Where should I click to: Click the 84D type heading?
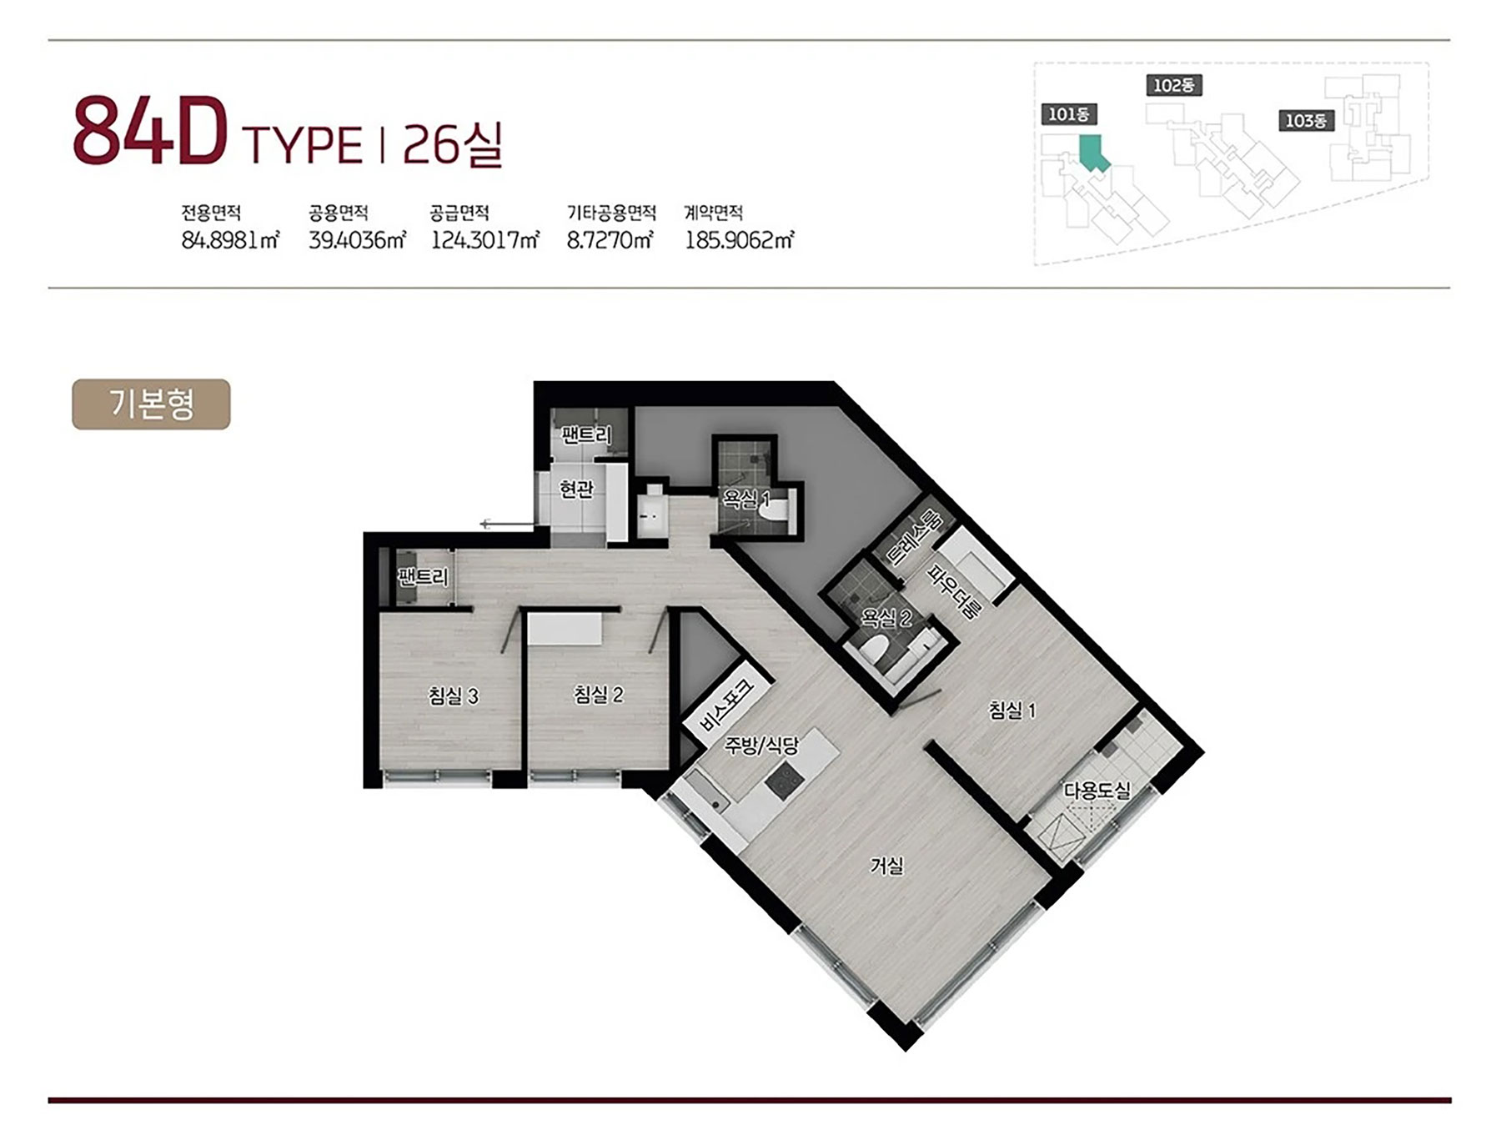click(218, 133)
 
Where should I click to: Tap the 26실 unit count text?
click(453, 144)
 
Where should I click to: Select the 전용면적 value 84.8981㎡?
click(230, 240)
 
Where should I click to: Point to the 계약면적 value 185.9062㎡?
click(739, 240)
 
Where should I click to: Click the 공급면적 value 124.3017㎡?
click(484, 240)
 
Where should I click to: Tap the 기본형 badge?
click(151, 404)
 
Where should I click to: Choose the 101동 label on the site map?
click(1069, 114)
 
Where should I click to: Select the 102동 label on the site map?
click(1174, 85)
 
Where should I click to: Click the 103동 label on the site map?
click(1306, 121)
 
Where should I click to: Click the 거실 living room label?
click(886, 866)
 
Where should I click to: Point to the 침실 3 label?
click(454, 696)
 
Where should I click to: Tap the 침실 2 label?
click(599, 694)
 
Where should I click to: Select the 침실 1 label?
click(1012, 710)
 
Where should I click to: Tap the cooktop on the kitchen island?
click(786, 781)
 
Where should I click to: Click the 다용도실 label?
click(1097, 791)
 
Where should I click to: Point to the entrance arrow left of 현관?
click(507, 524)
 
